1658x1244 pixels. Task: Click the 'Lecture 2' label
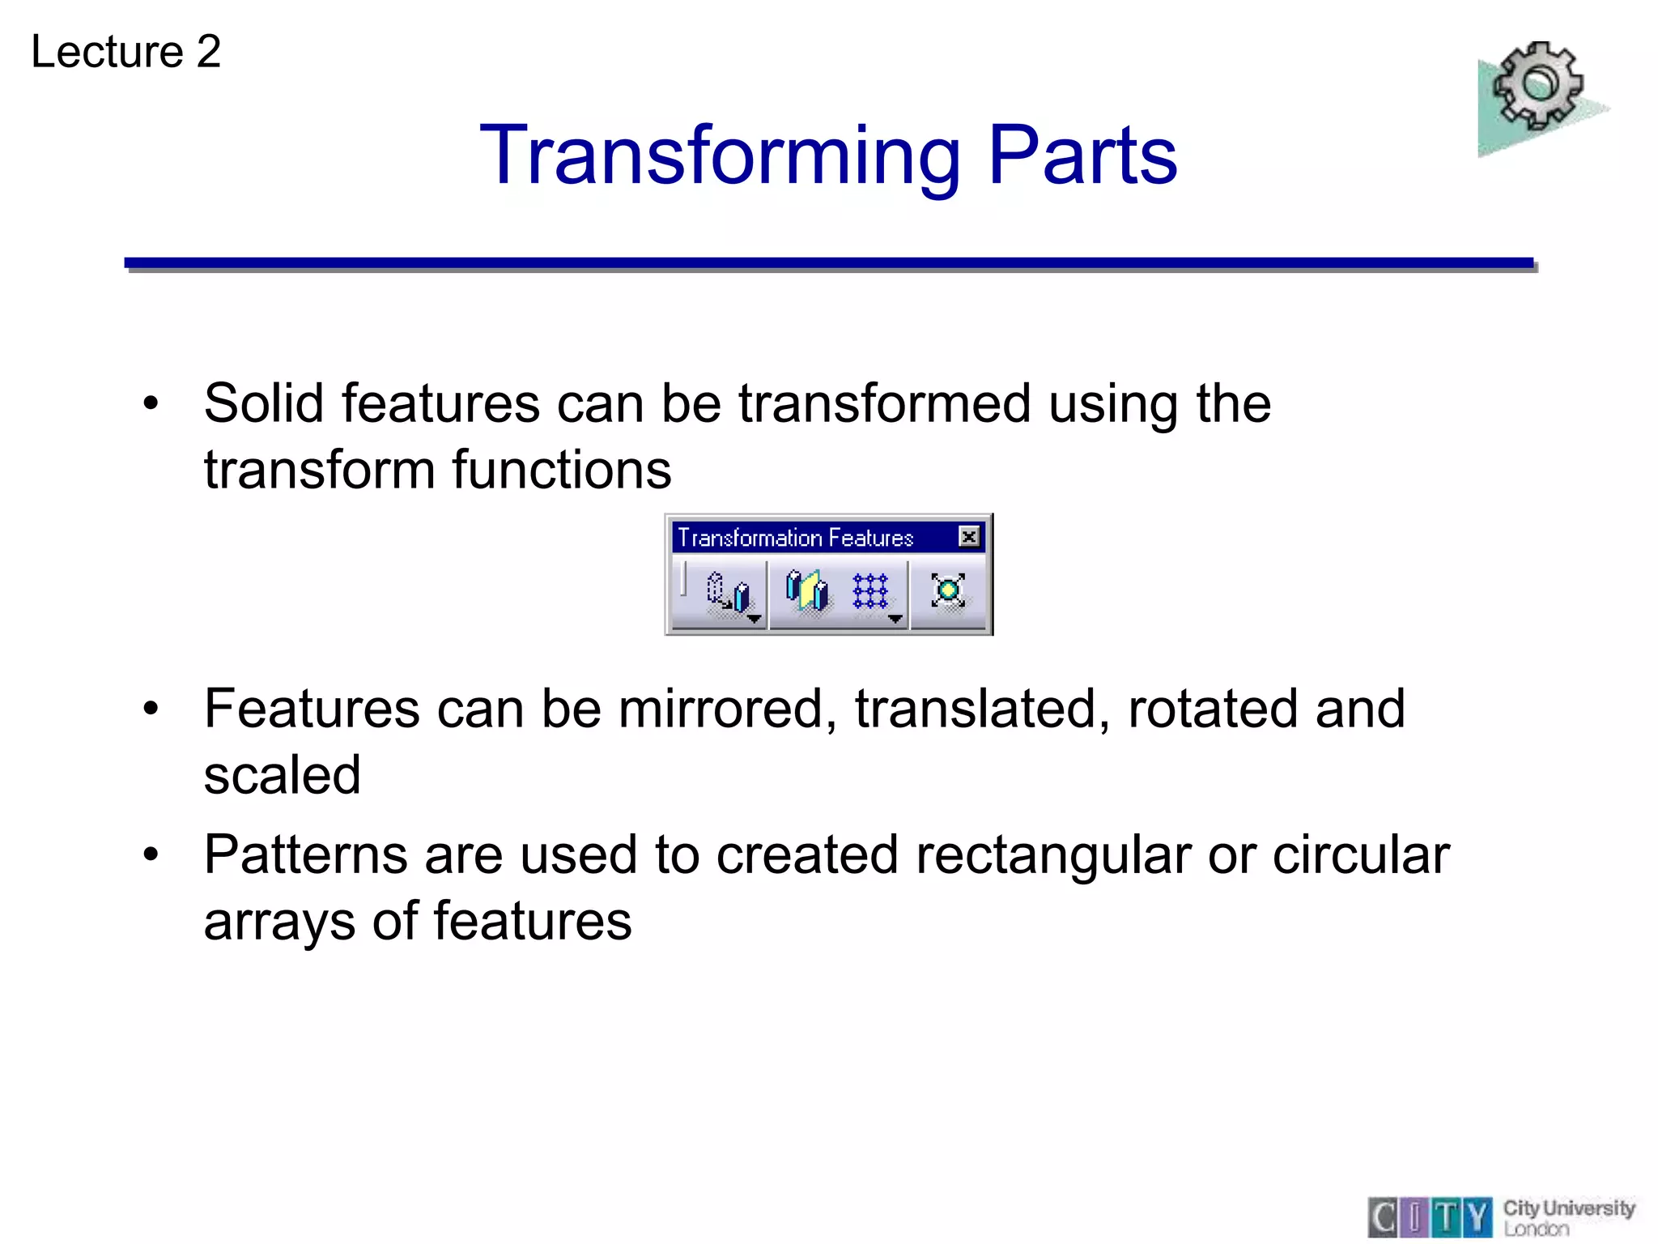125,52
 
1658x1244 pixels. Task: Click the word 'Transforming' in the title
720,155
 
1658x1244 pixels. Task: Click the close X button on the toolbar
968,537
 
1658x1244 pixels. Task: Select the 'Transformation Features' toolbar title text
795,538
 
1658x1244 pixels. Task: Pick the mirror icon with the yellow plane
806,590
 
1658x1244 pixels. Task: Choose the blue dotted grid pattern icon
870,591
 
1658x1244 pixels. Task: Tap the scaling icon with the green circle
947,590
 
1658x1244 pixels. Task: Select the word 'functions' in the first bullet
561,470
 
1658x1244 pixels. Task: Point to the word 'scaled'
282,775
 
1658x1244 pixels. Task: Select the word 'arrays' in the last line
278,922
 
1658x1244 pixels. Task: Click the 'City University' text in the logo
1568,1208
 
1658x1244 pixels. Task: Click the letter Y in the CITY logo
1479,1217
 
